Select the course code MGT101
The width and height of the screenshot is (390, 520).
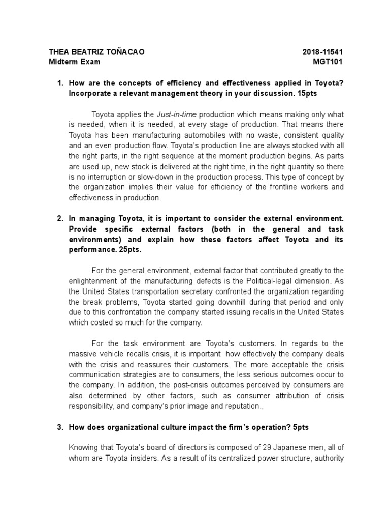[x=329, y=62]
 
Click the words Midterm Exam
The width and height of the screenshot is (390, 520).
[x=74, y=62]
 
